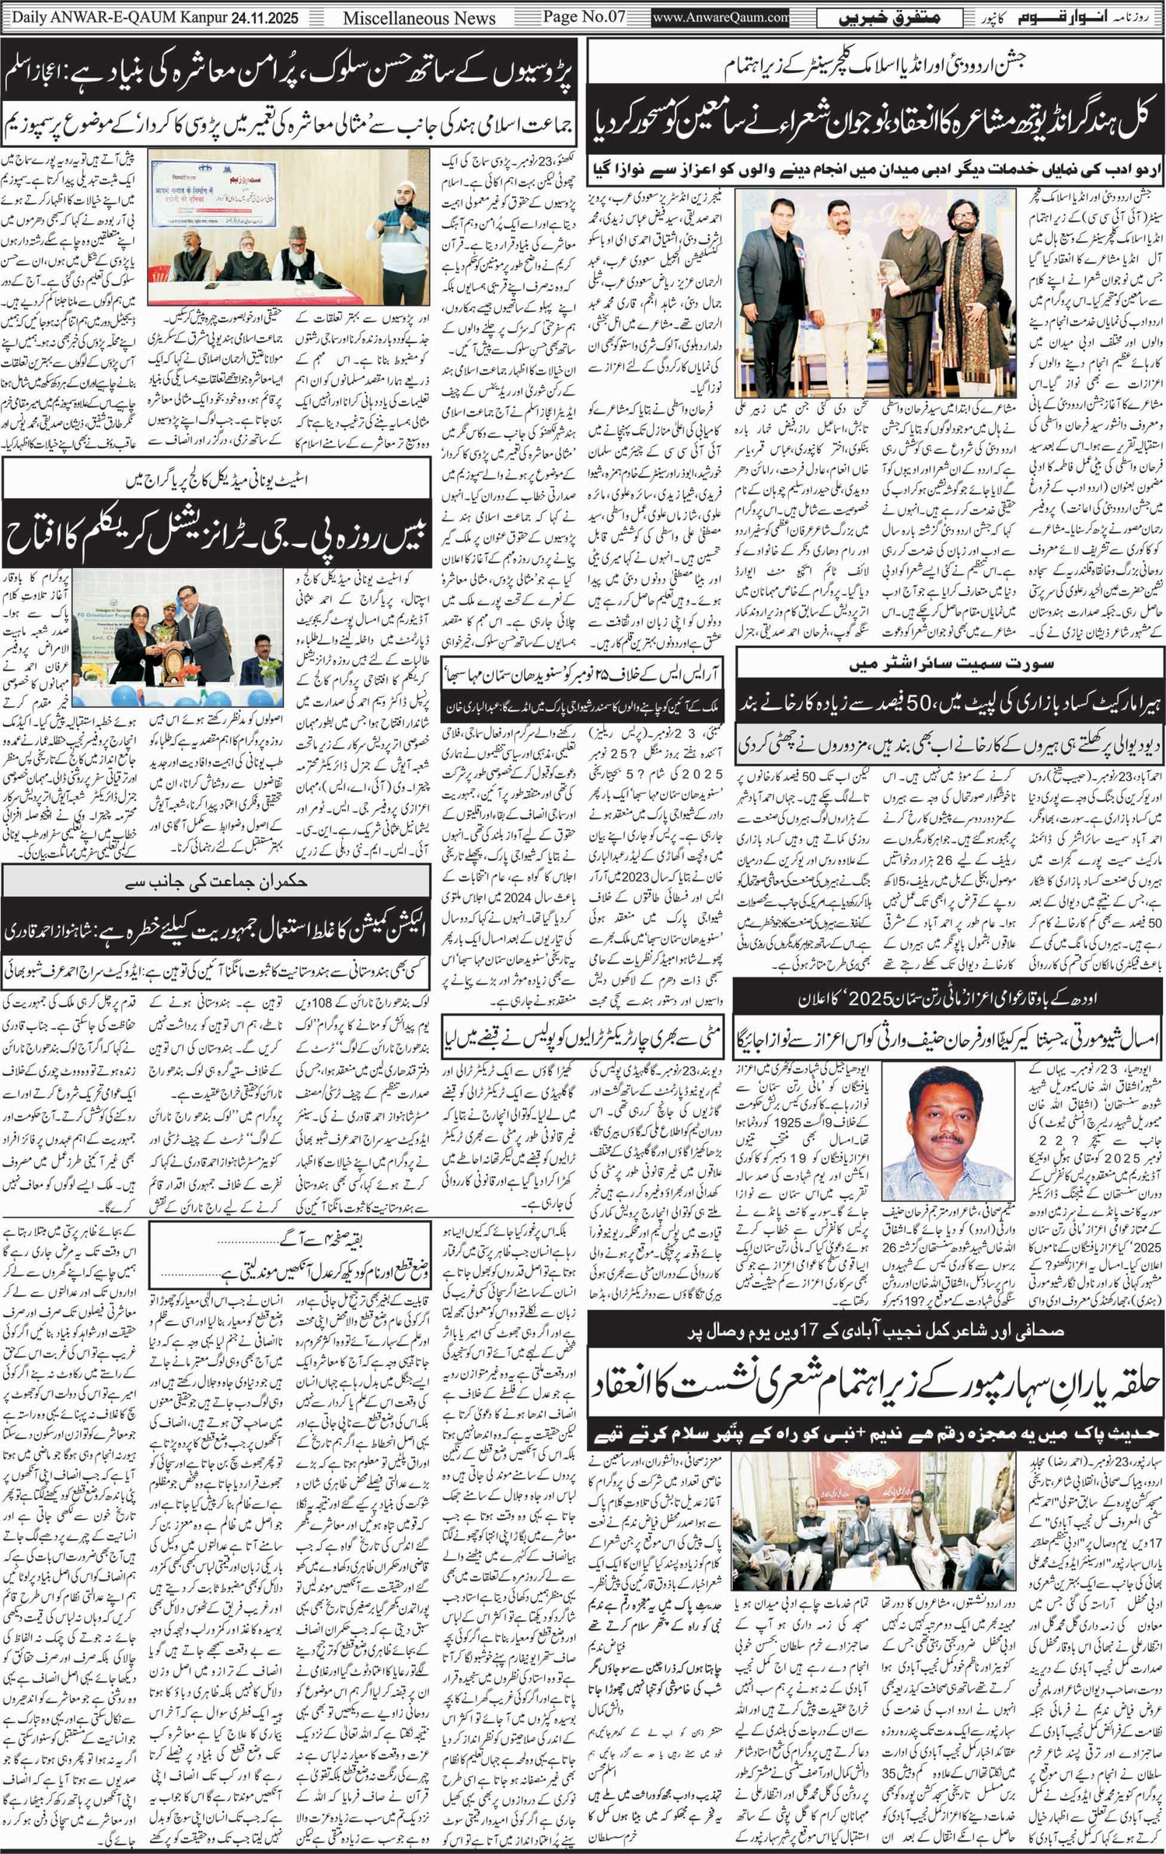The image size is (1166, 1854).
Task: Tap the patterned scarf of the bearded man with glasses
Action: point(958,319)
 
